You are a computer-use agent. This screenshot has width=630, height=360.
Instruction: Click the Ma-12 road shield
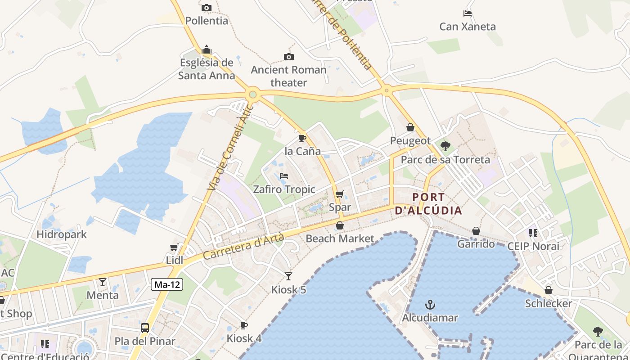[x=167, y=284]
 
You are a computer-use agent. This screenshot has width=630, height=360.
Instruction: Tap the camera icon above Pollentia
[x=207, y=8]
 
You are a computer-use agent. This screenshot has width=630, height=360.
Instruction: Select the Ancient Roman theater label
[x=288, y=76]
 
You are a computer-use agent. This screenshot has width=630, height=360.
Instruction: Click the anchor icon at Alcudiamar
[x=430, y=305]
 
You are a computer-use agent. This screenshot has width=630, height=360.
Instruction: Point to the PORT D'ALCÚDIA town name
[x=428, y=204]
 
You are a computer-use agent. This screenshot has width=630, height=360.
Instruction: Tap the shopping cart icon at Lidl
[x=174, y=247]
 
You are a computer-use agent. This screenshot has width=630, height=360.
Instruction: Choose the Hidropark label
[x=62, y=234]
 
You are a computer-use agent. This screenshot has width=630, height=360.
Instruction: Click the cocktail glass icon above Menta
[x=103, y=282]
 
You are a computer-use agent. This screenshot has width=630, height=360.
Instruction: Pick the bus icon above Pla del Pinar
[x=145, y=328]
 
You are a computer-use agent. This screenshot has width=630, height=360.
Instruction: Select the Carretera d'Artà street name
[x=243, y=247]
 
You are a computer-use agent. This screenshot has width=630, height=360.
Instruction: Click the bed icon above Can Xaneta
[x=468, y=13]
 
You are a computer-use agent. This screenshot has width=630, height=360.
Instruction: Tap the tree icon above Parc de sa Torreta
[x=445, y=146]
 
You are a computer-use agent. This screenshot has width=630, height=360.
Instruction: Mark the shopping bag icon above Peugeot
[x=410, y=128]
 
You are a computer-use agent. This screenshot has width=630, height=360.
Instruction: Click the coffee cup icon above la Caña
[x=302, y=138]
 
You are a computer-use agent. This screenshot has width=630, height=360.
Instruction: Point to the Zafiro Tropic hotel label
[x=284, y=189]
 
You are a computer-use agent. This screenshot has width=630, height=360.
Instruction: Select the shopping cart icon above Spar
[x=340, y=194]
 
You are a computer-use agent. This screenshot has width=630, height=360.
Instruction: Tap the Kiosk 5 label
[x=288, y=290]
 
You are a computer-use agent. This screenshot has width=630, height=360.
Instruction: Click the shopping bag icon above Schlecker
[x=549, y=291]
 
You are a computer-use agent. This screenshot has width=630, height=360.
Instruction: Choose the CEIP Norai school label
[x=533, y=246]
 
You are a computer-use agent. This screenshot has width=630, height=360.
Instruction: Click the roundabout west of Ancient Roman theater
[x=253, y=94]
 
